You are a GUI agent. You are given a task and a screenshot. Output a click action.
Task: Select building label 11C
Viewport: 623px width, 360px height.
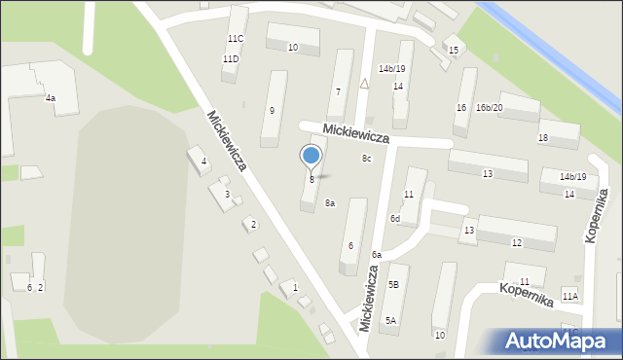pyautogui.click(x=235, y=38)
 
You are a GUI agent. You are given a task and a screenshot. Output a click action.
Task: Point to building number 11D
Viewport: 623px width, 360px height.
pyautogui.click(x=230, y=59)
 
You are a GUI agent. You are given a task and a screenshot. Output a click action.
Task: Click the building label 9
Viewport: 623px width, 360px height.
pyautogui.click(x=272, y=111)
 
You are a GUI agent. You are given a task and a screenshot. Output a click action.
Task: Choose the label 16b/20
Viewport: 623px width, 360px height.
pyautogui.click(x=489, y=107)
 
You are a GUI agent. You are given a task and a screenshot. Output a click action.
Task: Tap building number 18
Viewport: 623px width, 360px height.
pyautogui.click(x=542, y=138)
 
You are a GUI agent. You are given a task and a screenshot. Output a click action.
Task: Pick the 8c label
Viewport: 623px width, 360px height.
pyautogui.click(x=367, y=159)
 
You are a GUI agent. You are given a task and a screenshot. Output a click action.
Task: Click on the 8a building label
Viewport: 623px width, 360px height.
pyautogui.click(x=330, y=202)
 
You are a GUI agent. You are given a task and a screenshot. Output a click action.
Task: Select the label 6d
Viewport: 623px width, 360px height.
pyautogui.click(x=395, y=219)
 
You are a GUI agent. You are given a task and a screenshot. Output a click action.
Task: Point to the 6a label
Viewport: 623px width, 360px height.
pyautogui.click(x=376, y=255)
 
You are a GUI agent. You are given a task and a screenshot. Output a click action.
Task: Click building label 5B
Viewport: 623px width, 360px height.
pyautogui.click(x=393, y=284)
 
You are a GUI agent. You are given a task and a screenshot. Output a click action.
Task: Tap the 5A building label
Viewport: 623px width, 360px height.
pyautogui.click(x=390, y=320)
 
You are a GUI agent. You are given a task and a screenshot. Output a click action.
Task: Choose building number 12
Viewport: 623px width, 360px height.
pyautogui.click(x=516, y=242)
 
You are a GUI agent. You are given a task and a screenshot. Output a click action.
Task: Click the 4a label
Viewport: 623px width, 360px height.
pyautogui.click(x=50, y=98)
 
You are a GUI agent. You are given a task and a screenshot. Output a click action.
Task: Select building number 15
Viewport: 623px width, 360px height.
pyautogui.click(x=453, y=50)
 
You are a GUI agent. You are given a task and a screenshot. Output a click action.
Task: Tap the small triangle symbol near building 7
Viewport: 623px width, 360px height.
pyautogui.click(x=364, y=84)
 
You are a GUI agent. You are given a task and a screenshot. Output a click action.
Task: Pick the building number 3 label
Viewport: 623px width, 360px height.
pyautogui.click(x=227, y=195)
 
